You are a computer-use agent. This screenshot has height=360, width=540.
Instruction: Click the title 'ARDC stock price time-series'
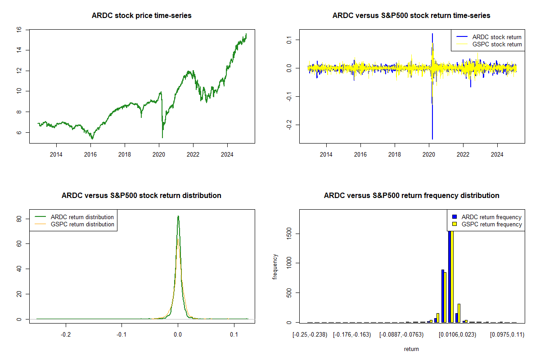click(x=142, y=16)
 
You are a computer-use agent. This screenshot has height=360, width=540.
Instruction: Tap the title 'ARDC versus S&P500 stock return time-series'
click(x=411, y=16)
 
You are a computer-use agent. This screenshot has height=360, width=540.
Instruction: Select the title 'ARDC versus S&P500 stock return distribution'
click(x=141, y=196)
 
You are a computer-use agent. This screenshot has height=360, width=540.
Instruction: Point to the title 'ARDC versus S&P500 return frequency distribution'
click(x=411, y=196)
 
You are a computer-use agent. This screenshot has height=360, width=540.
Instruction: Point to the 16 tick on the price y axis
click(x=19, y=29)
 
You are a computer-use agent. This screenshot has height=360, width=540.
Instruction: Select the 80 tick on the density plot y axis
click(x=19, y=218)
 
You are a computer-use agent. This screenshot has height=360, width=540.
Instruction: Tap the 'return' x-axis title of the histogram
click(x=411, y=349)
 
